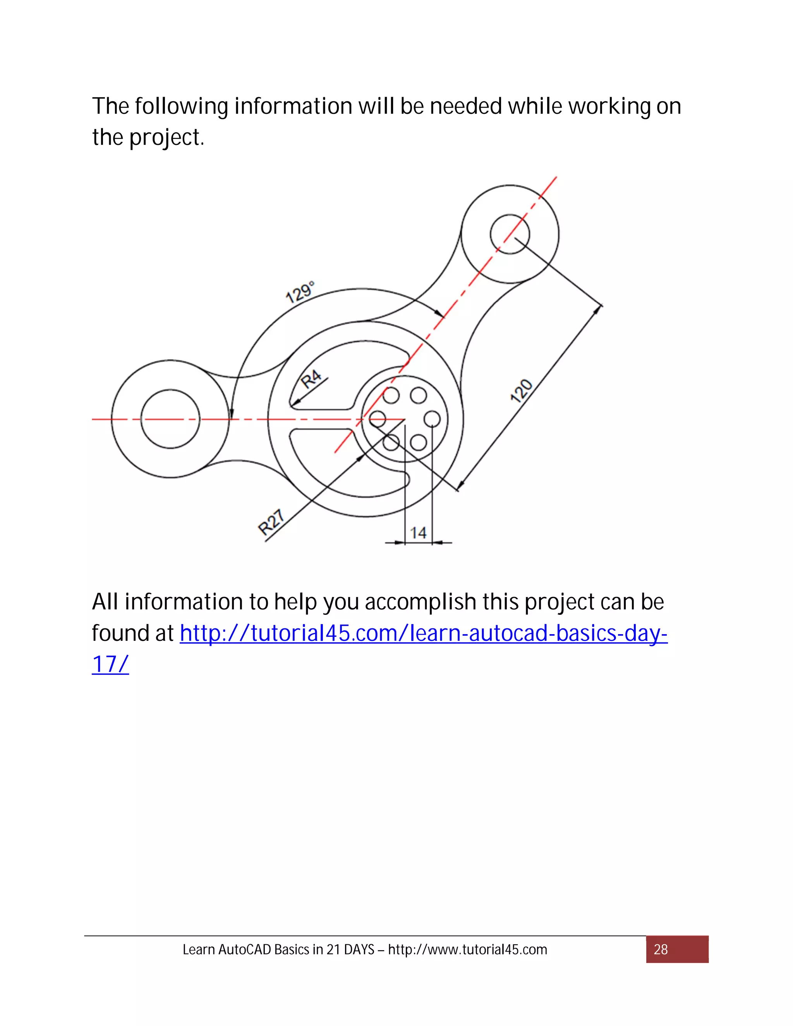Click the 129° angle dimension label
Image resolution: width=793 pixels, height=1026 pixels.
300,292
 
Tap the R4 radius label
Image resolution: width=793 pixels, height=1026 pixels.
311,379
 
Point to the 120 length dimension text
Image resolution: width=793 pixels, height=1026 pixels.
522,391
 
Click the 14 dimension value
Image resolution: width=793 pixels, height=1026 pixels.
418,533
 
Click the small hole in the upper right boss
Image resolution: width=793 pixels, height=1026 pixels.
510,234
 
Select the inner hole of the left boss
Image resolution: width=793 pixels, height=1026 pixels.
170,419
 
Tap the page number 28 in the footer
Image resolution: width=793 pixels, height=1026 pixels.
661,949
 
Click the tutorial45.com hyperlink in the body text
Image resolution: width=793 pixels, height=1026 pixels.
423,633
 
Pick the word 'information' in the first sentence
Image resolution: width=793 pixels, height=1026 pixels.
293,106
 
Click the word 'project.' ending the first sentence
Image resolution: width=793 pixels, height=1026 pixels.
167,138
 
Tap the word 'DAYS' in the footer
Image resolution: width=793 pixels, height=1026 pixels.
359,950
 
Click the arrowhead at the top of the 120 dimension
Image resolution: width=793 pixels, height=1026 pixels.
599,309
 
